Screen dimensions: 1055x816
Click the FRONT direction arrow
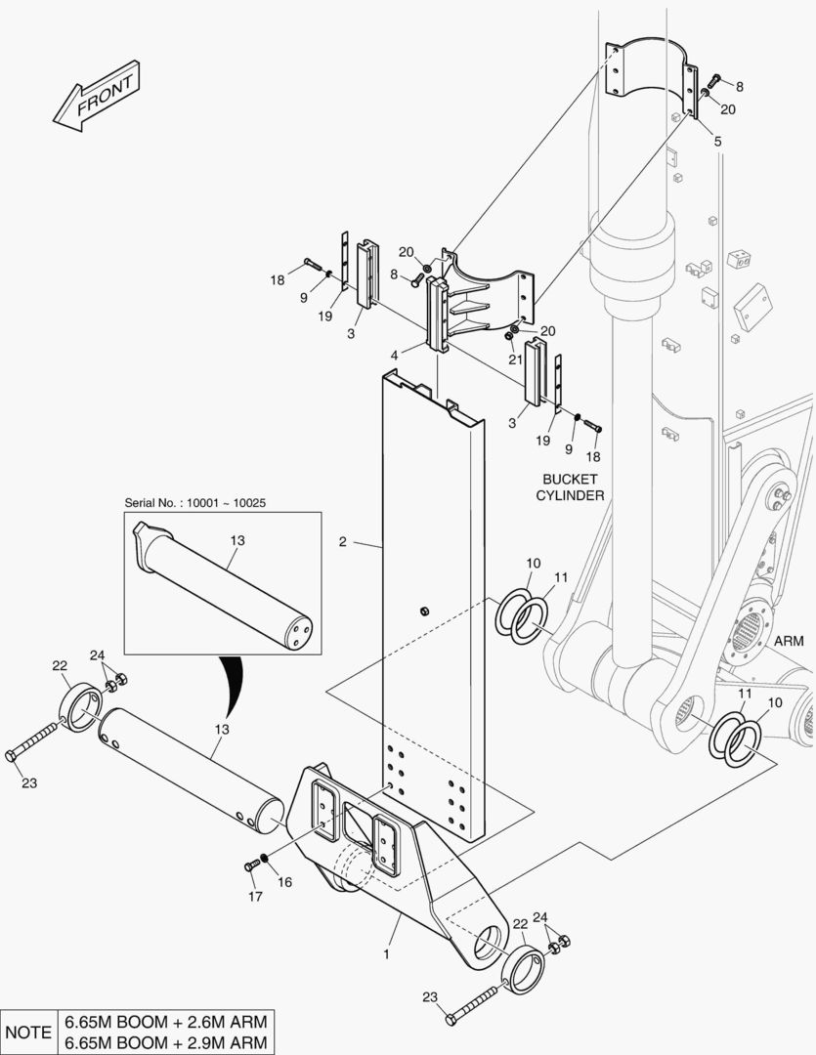(x=93, y=99)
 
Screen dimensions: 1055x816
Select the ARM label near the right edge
(x=788, y=641)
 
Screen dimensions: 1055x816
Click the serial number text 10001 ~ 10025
(x=195, y=502)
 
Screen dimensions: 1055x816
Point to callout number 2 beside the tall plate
(x=343, y=541)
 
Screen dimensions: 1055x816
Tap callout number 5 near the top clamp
(x=717, y=142)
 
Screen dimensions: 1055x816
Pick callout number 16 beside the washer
(x=285, y=881)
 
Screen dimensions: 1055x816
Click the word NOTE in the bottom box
(x=29, y=1032)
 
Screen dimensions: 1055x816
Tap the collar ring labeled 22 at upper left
(x=80, y=704)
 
